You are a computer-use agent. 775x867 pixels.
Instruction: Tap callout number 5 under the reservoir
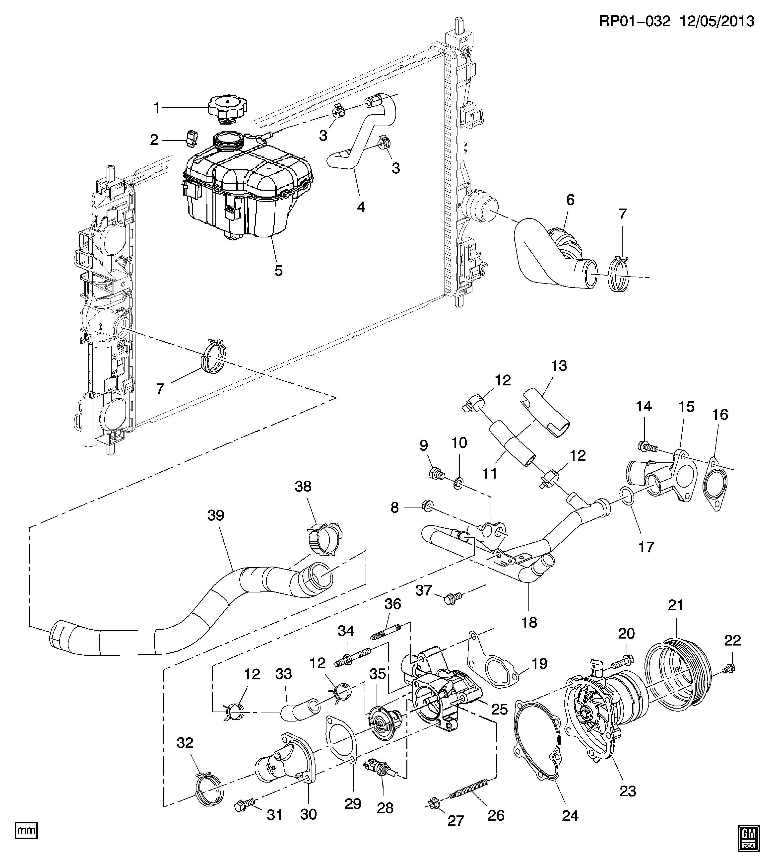point(278,271)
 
